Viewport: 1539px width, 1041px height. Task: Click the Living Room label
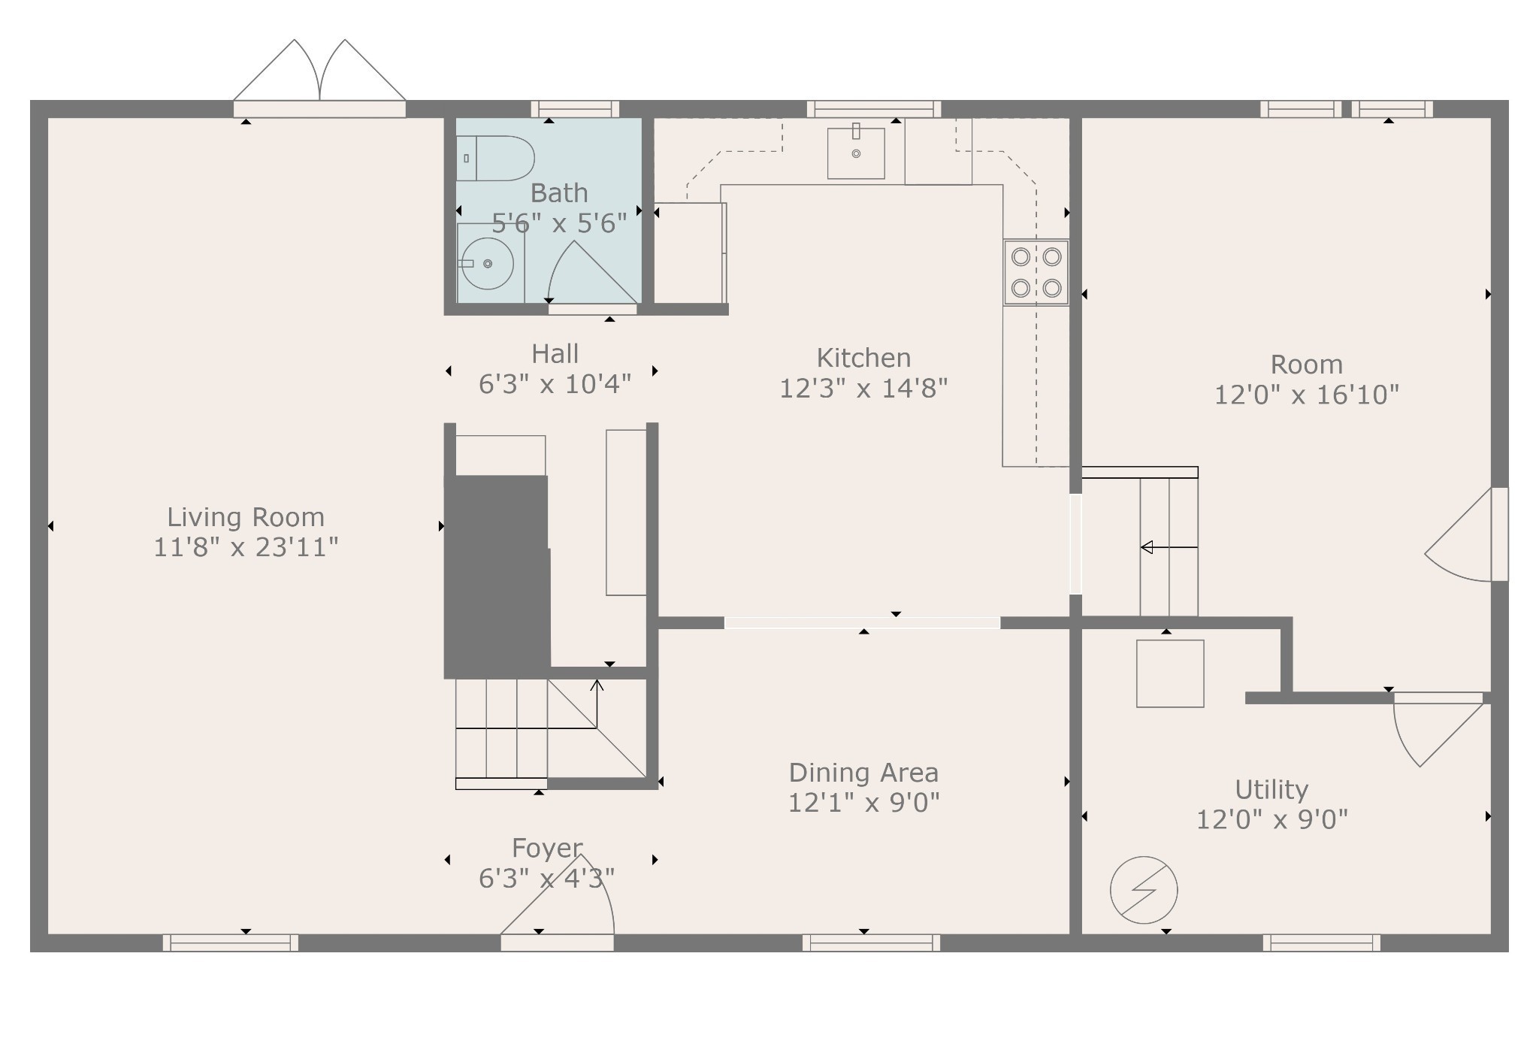(246, 517)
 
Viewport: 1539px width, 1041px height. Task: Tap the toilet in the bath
(495, 159)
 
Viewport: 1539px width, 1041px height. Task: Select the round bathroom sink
(487, 263)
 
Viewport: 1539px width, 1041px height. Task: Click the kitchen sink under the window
(856, 153)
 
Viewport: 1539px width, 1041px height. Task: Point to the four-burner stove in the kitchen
(1036, 272)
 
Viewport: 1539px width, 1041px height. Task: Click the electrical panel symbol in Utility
(1144, 890)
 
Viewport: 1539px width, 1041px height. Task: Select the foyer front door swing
(558, 902)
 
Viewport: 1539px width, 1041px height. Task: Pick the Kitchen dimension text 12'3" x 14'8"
(863, 389)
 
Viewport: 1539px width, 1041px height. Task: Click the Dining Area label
(863, 773)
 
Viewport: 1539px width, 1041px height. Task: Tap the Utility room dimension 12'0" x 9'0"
(1271, 819)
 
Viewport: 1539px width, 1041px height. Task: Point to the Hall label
(555, 353)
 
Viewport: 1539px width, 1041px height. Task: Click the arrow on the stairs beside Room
(1169, 548)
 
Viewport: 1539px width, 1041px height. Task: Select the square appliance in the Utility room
(1170, 673)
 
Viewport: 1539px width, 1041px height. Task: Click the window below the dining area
(871, 943)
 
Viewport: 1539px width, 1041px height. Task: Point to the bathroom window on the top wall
(576, 109)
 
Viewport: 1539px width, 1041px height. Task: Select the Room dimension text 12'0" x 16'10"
(1307, 395)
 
